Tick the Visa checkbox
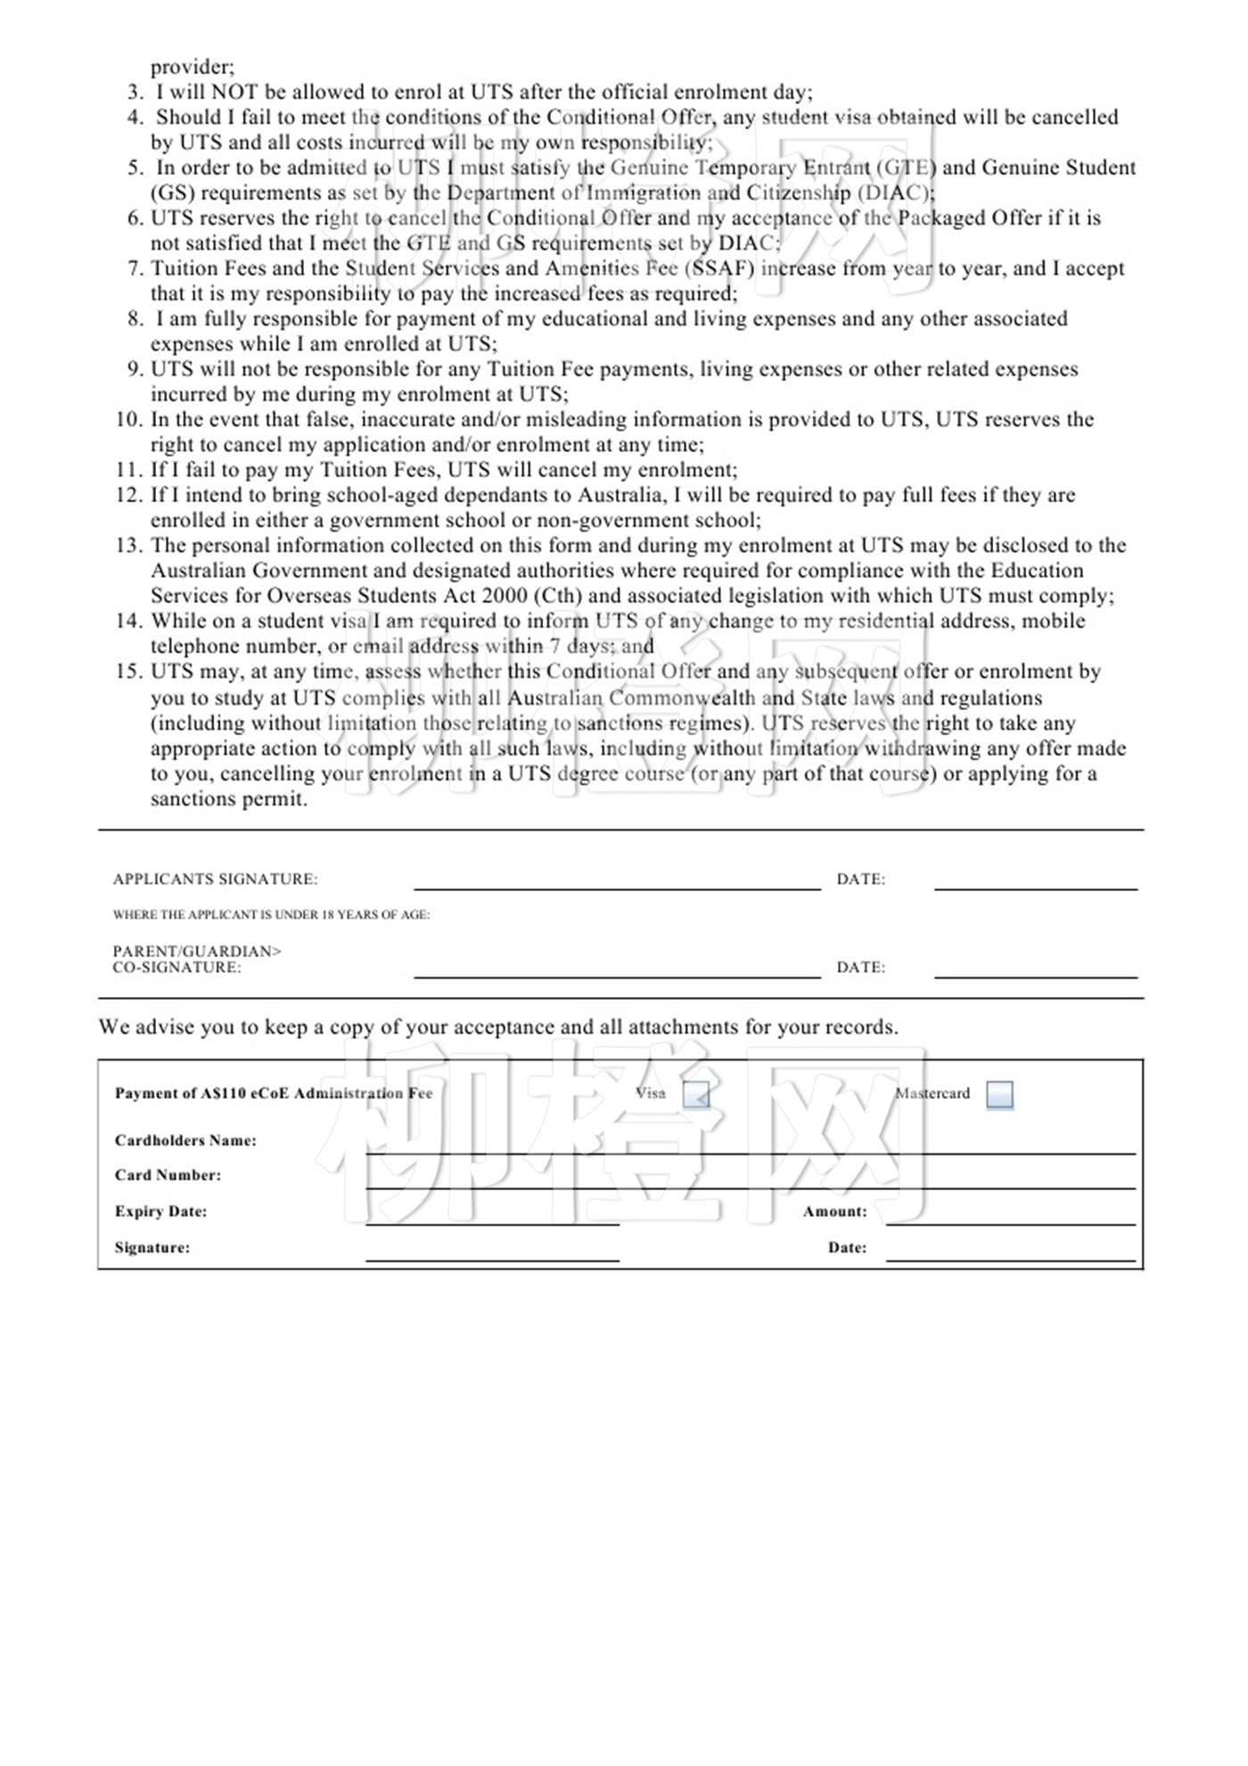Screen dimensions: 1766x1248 pyautogui.click(x=695, y=1094)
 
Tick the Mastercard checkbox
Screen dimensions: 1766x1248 pyautogui.click(x=999, y=1094)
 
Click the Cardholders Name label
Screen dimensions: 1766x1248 pyautogui.click(x=185, y=1141)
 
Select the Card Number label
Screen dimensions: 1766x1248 pyautogui.click(x=168, y=1176)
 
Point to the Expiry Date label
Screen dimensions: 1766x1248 pyautogui.click(x=160, y=1212)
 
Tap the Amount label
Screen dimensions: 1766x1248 pyautogui.click(x=834, y=1212)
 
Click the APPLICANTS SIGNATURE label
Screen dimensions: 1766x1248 pyautogui.click(x=215, y=879)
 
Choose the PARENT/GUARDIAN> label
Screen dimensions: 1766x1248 pyautogui.click(x=197, y=952)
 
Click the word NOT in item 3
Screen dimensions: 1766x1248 pyautogui.click(x=234, y=92)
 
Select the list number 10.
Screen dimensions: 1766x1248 pyautogui.click(x=129, y=420)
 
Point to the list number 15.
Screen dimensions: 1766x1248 pyautogui.click(x=129, y=672)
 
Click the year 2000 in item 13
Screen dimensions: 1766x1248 pyautogui.click(x=503, y=596)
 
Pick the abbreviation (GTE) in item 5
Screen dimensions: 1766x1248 pyautogui.click(x=907, y=168)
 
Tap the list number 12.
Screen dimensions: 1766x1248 pyautogui.click(x=129, y=495)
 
